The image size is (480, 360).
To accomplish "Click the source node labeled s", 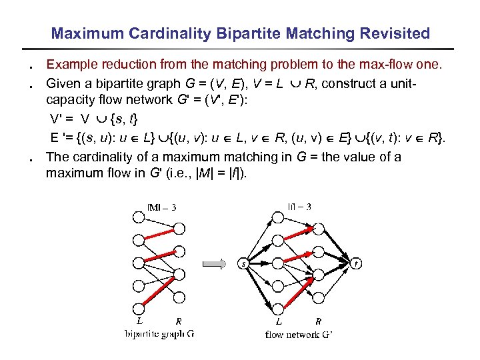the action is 244,264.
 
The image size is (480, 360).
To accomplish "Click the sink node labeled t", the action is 357,264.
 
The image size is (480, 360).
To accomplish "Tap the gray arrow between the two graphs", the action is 213,264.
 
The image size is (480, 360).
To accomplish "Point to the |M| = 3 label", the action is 161,207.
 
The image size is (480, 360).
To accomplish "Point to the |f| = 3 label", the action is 297,207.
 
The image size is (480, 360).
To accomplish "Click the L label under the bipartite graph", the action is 139,321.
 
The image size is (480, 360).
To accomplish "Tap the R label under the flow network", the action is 318,321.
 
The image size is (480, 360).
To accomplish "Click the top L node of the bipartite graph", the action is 138,217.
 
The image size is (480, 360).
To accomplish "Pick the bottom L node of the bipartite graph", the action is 138,307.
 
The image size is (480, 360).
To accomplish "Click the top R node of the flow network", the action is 318,229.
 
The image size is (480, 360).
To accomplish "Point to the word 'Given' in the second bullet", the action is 61,83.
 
